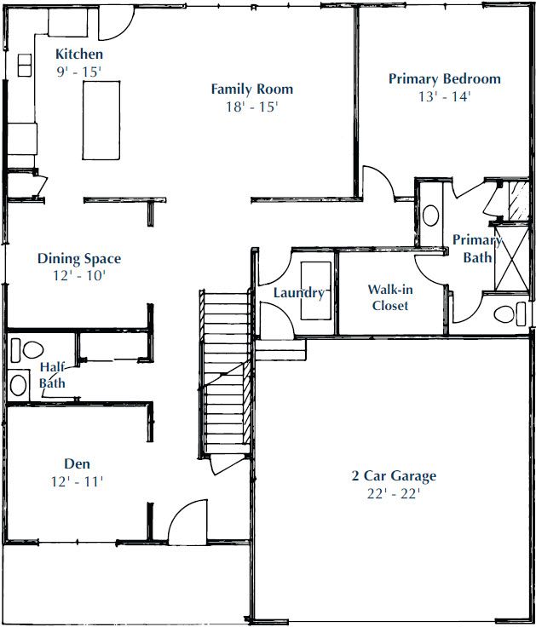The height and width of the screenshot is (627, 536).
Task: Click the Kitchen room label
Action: (x=78, y=54)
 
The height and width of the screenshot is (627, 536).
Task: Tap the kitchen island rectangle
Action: (x=101, y=120)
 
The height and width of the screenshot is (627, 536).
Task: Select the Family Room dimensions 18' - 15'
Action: (x=252, y=106)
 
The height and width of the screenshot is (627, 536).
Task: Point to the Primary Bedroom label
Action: (x=445, y=78)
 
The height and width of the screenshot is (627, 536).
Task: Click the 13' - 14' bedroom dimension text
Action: (x=445, y=96)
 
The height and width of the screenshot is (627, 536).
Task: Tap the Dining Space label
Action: (x=79, y=259)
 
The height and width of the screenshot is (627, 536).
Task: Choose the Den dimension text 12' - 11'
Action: (x=78, y=481)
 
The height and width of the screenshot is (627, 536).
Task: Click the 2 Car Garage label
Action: (x=394, y=476)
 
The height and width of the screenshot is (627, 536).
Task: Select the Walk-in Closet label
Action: (x=390, y=297)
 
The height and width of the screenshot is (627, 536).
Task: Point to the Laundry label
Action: (x=299, y=293)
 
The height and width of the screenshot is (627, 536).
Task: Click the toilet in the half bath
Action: (x=27, y=350)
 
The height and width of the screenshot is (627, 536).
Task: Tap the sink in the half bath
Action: (x=19, y=385)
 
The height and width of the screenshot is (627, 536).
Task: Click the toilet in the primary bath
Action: (x=510, y=313)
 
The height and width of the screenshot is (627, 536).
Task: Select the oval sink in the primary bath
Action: (x=431, y=216)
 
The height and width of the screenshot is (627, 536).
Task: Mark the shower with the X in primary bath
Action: (x=512, y=258)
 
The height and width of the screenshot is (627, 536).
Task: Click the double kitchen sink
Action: (x=25, y=66)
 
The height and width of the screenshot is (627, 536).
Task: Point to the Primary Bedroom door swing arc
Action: (x=380, y=178)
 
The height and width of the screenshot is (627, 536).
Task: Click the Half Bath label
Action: (x=52, y=375)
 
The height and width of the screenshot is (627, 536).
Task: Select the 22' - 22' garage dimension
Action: (x=394, y=494)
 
